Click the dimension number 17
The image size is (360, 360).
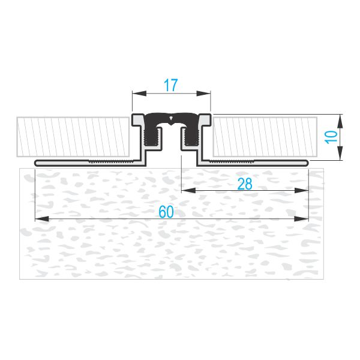click(171, 85)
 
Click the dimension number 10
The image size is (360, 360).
click(331, 137)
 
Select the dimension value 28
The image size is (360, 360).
click(245, 184)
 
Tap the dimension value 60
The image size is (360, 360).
click(166, 212)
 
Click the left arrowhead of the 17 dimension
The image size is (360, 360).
click(139, 94)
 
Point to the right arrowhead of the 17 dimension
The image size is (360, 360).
click(203, 94)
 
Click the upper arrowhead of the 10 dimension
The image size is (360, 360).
click(340, 121)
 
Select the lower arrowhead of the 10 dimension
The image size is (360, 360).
click(340, 153)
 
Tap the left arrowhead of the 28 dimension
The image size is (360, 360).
click(188, 190)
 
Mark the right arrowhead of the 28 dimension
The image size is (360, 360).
click(301, 190)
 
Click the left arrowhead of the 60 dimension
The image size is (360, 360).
click(42, 218)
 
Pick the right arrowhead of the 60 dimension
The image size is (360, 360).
click(301, 218)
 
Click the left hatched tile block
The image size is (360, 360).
click(73, 137)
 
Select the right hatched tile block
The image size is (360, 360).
click(265, 137)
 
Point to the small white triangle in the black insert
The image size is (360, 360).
click(170, 118)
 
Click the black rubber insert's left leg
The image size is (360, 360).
click(152, 136)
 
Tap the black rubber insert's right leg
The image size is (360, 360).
click(191, 136)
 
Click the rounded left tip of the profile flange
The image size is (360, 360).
click(36, 163)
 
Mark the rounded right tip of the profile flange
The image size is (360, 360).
click(307, 163)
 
